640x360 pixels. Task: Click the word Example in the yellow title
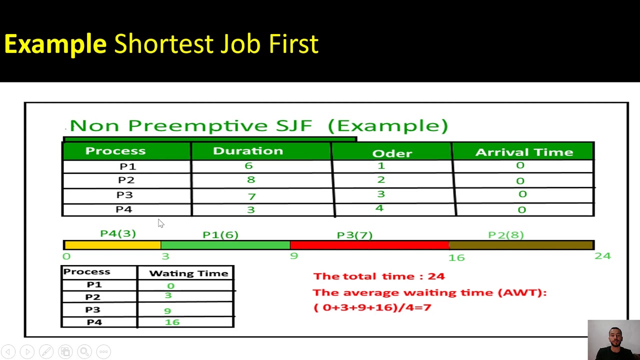pyautogui.click(x=55, y=44)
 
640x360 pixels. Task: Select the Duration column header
pyautogui.click(x=247, y=151)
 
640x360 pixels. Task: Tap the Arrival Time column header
pyautogui.click(x=523, y=152)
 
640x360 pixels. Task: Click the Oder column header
pyautogui.click(x=392, y=153)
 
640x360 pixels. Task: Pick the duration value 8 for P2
pyautogui.click(x=250, y=180)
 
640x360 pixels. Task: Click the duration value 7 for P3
pyautogui.click(x=251, y=196)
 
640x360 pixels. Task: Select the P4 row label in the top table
pyautogui.click(x=123, y=209)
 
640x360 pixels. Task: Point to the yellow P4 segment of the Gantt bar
pyautogui.click(x=112, y=245)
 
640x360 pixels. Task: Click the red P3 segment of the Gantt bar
pyautogui.click(x=369, y=245)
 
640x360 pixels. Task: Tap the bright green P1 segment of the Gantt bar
pyautogui.click(x=225, y=245)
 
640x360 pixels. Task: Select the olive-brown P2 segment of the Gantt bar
pyautogui.click(x=521, y=245)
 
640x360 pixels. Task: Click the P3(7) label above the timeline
pyautogui.click(x=354, y=235)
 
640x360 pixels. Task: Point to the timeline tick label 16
pyautogui.click(x=456, y=257)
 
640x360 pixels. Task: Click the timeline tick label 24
pyautogui.click(x=602, y=256)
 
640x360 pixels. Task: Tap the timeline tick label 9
pyautogui.click(x=293, y=256)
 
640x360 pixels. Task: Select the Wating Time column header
pyautogui.click(x=188, y=273)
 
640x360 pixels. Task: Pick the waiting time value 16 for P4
pyautogui.click(x=172, y=322)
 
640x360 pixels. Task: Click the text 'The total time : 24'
pyautogui.click(x=378, y=276)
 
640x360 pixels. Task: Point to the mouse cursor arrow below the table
pyautogui.click(x=160, y=223)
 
